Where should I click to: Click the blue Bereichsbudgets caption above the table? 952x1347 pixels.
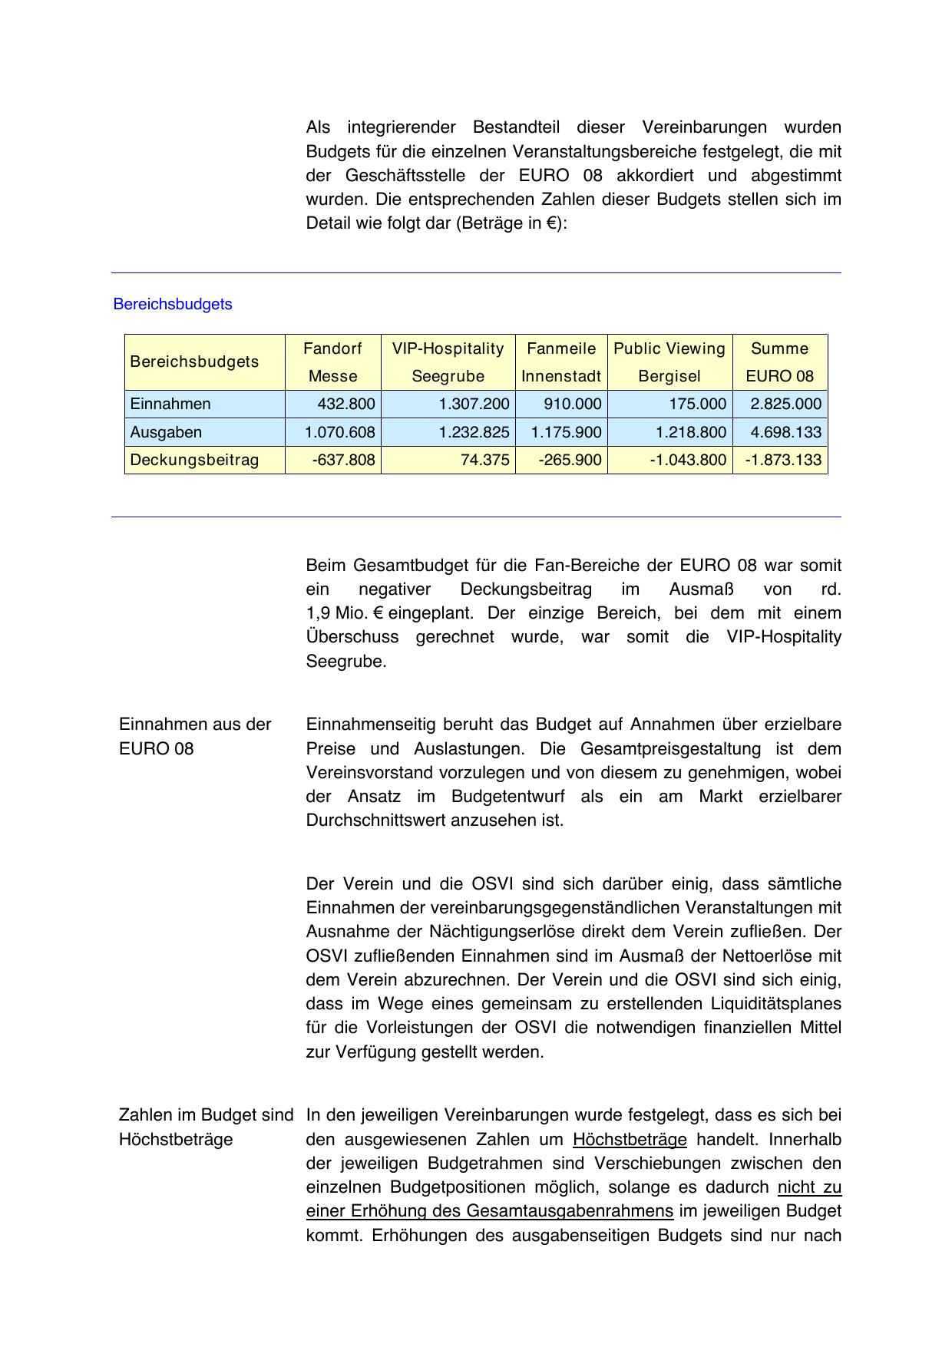click(173, 304)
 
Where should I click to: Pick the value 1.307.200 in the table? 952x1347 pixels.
click(474, 404)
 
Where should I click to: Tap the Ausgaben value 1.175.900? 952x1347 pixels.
click(566, 432)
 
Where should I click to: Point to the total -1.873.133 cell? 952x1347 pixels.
click(783, 460)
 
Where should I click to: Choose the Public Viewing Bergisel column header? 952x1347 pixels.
click(669, 362)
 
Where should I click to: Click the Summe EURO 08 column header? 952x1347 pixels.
click(779, 362)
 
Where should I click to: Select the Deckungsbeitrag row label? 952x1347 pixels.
click(194, 460)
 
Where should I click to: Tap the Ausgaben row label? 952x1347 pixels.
click(166, 432)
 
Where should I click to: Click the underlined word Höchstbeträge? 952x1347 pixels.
click(630, 1139)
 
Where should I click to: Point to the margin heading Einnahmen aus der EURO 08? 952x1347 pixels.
click(195, 736)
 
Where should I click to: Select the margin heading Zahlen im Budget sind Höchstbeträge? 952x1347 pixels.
click(206, 1127)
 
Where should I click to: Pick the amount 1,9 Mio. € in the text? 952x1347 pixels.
click(345, 613)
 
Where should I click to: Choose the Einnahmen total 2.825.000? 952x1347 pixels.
click(785, 404)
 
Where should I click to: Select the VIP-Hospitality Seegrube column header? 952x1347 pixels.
click(448, 362)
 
